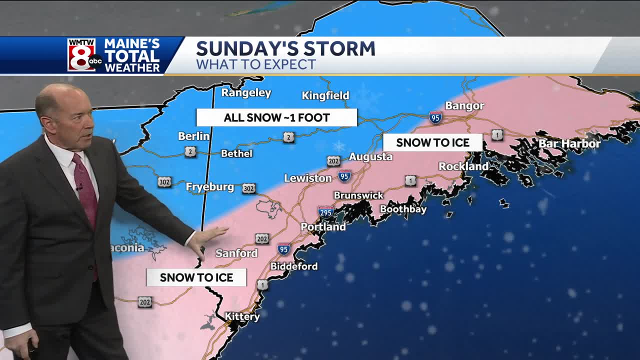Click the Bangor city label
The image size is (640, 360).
(x=464, y=105)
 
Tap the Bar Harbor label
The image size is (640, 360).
(x=569, y=144)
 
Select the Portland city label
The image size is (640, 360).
(x=323, y=227)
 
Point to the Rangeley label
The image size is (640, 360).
(x=246, y=93)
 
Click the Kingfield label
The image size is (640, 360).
(x=325, y=95)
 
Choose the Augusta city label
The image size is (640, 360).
(x=370, y=157)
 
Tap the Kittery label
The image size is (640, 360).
(x=242, y=316)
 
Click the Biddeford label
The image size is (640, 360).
(x=294, y=266)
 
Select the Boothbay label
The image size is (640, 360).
(x=403, y=209)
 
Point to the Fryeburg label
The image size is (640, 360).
(x=210, y=187)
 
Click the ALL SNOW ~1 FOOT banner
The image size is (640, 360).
(x=276, y=118)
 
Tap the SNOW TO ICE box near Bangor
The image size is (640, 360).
(x=432, y=142)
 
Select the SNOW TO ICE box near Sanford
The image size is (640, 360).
(x=196, y=277)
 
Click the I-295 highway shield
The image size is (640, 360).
(x=325, y=211)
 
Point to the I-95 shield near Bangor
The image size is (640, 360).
(x=435, y=117)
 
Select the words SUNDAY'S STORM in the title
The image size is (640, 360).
(x=285, y=48)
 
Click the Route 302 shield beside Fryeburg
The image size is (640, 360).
(x=248, y=188)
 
